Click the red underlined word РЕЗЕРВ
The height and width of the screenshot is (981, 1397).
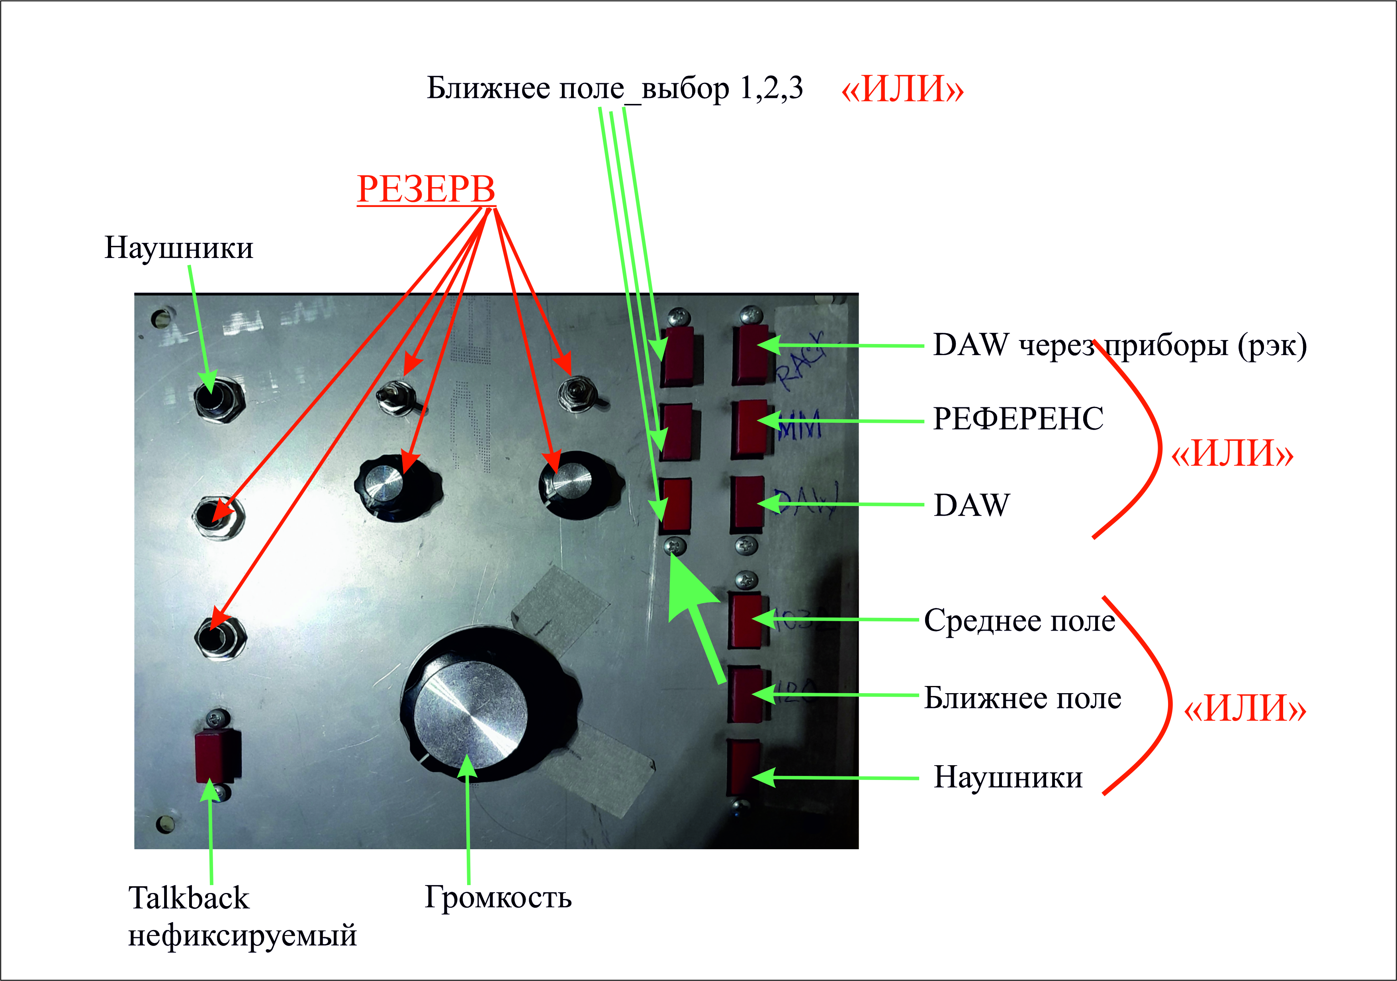(426, 189)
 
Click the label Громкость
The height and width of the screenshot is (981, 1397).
(498, 897)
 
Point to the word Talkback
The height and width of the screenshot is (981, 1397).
(189, 898)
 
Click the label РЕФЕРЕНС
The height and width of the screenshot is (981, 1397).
(1018, 419)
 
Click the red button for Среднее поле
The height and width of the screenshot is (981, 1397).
(746, 620)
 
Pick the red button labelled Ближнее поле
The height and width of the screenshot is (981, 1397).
(746, 695)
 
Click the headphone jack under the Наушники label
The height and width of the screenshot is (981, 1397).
(218, 400)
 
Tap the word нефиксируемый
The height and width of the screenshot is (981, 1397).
(242, 935)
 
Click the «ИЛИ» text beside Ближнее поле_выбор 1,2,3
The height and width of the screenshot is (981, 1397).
(902, 90)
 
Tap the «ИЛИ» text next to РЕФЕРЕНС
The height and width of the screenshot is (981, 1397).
(1232, 454)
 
